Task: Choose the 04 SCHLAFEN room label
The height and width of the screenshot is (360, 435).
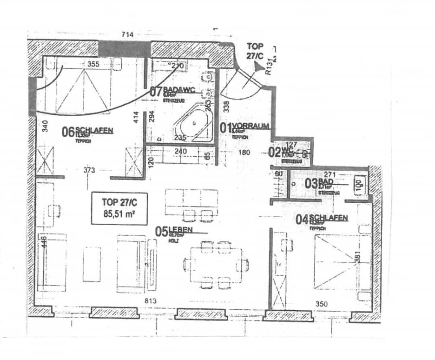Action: [322, 219]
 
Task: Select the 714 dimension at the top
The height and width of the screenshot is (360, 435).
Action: [127, 34]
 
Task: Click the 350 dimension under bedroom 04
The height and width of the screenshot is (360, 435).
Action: [321, 304]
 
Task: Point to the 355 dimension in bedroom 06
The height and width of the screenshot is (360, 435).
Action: [93, 64]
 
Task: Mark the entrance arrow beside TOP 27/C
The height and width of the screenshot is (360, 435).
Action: [257, 68]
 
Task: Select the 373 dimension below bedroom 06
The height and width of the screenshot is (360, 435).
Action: [89, 170]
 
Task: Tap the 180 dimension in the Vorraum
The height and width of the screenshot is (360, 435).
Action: [244, 152]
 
